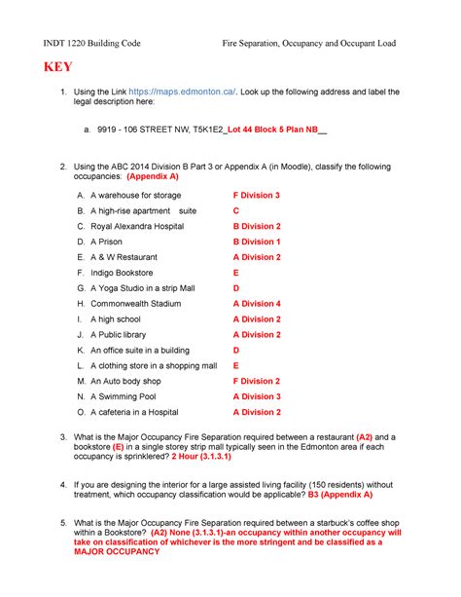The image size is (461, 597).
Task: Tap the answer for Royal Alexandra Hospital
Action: (x=256, y=226)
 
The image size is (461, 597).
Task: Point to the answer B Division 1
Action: (x=256, y=242)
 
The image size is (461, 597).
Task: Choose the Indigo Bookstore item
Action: (x=122, y=273)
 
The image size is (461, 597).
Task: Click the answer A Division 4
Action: (x=256, y=304)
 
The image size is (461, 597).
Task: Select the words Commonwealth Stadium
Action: (x=137, y=304)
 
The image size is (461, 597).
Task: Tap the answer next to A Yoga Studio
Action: (x=235, y=288)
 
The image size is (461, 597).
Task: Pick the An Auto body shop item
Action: (x=125, y=381)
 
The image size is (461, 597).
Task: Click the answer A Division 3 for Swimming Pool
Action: (x=256, y=396)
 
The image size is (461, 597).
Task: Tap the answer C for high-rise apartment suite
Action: (x=235, y=211)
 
